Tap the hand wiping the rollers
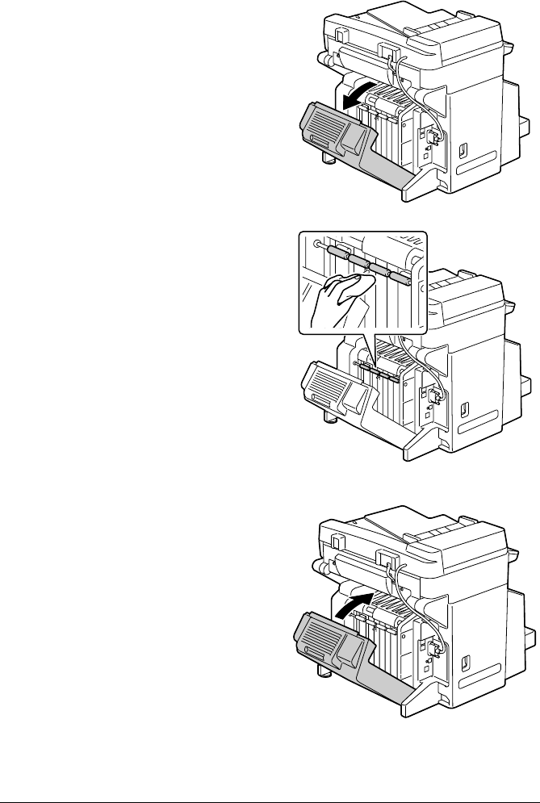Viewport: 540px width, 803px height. tap(340, 294)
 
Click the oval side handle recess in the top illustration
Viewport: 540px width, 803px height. tap(463, 150)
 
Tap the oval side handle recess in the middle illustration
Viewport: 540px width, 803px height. tap(463, 408)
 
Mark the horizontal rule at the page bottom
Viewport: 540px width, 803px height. tap(270, 780)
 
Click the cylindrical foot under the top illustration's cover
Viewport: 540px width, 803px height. tap(328, 160)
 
